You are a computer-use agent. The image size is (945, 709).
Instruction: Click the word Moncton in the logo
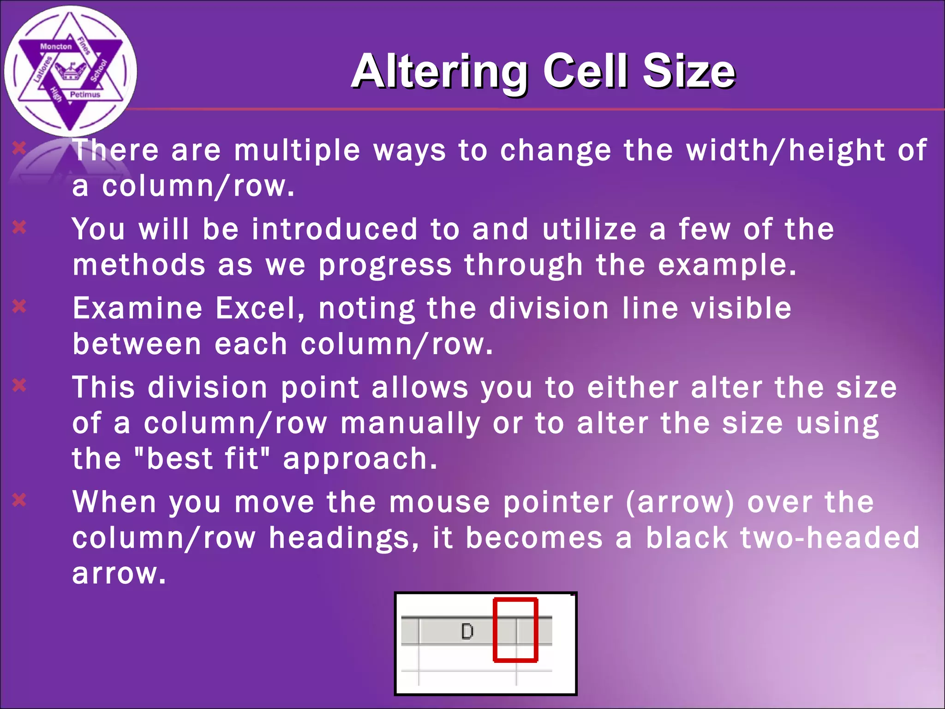(x=56, y=47)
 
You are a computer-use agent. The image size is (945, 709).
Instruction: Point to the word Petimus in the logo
(x=85, y=95)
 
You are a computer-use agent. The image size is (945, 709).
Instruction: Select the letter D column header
(x=467, y=631)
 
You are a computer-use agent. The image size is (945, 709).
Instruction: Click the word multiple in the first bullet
(x=297, y=150)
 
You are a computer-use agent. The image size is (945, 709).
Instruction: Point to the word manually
(x=410, y=424)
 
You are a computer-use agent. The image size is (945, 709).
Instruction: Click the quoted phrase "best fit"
(x=201, y=459)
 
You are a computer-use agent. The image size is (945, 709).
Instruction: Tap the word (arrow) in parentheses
(x=680, y=502)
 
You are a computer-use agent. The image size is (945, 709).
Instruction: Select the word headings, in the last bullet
(x=344, y=538)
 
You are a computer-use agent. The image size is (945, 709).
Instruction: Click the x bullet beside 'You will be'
(x=19, y=227)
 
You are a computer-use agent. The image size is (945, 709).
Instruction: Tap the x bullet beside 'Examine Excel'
(x=19, y=306)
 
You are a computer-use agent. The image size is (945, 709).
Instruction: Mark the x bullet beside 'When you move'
(x=19, y=500)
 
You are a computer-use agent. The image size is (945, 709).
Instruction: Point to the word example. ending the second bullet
(x=727, y=266)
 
